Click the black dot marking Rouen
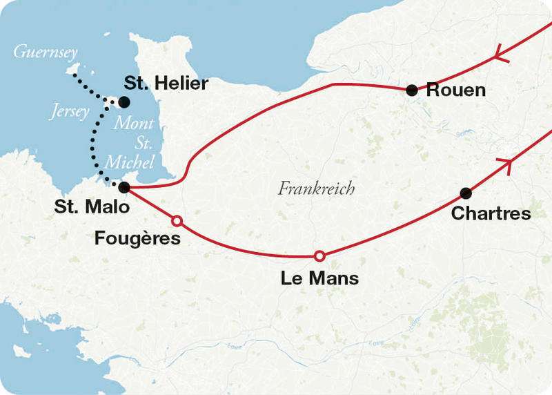click(412, 89)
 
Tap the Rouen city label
click(456, 90)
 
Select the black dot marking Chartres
click(466, 193)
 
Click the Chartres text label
click(491, 213)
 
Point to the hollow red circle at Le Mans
click(319, 256)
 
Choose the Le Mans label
click(319, 278)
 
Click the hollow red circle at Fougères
click(177, 221)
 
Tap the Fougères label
click(137, 239)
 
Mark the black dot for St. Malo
click(124, 187)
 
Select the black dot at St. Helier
click(124, 102)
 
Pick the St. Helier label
click(166, 83)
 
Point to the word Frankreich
click(317, 188)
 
